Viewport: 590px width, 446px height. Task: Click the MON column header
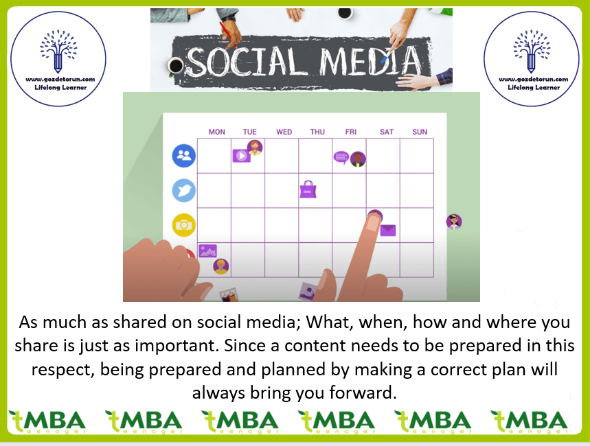pos(217,132)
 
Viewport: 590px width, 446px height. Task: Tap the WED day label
pos(284,132)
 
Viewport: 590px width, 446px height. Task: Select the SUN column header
pos(420,132)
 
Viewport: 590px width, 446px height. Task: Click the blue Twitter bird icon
pos(184,191)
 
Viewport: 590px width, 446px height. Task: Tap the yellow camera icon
pos(184,225)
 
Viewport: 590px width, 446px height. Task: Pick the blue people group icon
pos(184,156)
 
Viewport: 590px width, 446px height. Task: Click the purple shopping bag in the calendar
pos(308,189)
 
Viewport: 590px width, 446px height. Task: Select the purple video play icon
pos(242,156)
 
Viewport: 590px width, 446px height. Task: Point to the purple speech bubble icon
pos(341,158)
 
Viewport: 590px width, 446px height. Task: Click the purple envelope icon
pos(388,230)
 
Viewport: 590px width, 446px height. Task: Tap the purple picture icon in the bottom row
pos(207,251)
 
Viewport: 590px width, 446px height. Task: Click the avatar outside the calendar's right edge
pos(454,222)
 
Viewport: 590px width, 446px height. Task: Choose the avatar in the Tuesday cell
pos(255,148)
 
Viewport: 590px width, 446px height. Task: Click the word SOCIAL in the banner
pos(245,61)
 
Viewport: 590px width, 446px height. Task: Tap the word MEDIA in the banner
pos(371,60)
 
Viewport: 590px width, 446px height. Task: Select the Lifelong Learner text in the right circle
pos(534,88)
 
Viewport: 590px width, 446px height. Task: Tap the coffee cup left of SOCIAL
pos(175,66)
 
